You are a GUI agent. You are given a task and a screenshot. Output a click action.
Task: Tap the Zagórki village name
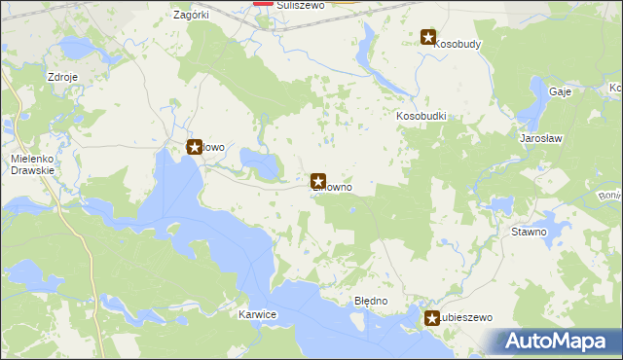tap(192, 16)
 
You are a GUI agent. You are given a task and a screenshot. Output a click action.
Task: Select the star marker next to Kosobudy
tap(428, 38)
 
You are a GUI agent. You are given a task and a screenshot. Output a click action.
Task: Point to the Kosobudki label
tap(421, 116)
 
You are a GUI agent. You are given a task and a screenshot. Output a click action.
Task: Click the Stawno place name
tap(530, 233)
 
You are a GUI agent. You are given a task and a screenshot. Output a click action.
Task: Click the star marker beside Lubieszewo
tap(432, 318)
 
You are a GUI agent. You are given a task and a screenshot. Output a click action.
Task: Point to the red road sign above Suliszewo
tap(264, 2)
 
